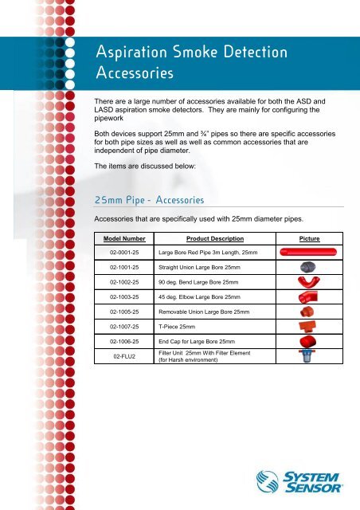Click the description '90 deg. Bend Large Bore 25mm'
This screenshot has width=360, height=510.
pyautogui.click(x=198, y=282)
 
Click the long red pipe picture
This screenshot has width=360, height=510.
pyautogui.click(x=309, y=252)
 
